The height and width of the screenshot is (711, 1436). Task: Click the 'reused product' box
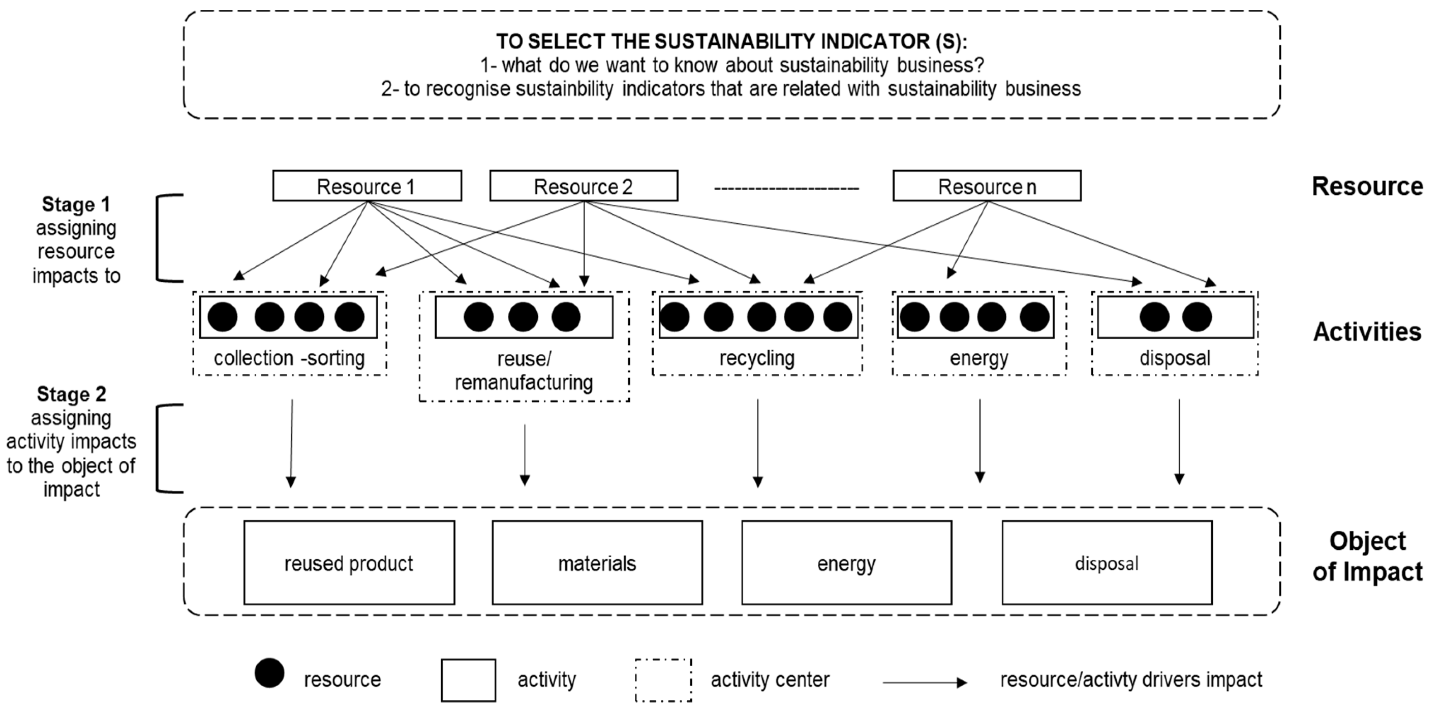click(349, 563)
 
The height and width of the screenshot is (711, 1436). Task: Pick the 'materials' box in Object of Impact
click(597, 563)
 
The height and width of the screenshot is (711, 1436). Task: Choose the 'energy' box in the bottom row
click(846, 563)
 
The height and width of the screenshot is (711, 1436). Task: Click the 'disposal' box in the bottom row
click(1106, 563)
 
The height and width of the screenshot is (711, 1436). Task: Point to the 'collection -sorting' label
click(289, 358)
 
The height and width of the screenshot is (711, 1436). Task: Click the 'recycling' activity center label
click(757, 358)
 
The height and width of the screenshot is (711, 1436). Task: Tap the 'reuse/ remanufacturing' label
click(523, 371)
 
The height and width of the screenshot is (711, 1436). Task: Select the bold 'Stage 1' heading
click(76, 205)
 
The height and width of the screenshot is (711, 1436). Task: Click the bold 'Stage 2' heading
click(71, 394)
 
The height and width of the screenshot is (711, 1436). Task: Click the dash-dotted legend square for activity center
click(663, 680)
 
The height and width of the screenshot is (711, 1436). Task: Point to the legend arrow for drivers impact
click(925, 682)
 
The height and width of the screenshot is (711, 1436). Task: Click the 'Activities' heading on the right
click(1367, 332)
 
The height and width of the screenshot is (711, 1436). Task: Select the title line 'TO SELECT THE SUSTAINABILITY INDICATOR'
click(731, 42)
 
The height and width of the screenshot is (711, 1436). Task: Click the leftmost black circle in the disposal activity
click(1154, 317)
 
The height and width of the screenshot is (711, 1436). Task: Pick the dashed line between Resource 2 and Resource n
click(786, 189)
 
